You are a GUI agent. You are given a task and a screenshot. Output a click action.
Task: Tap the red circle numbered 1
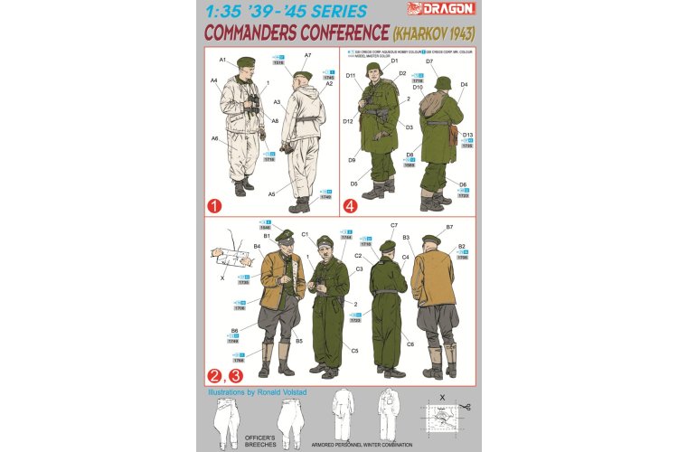tap(215, 206)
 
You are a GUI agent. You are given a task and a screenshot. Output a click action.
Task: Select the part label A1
tap(222, 60)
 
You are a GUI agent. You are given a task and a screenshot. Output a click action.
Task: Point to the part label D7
tap(430, 61)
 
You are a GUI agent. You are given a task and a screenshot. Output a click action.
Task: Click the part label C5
tap(355, 351)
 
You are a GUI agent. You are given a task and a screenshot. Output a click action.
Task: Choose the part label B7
tap(449, 228)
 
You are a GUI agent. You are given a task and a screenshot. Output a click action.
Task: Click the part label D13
tap(467, 135)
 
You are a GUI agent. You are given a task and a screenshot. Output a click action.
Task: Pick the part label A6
tap(215, 138)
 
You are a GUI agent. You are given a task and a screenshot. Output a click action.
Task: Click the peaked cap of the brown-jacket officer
tap(284, 235)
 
